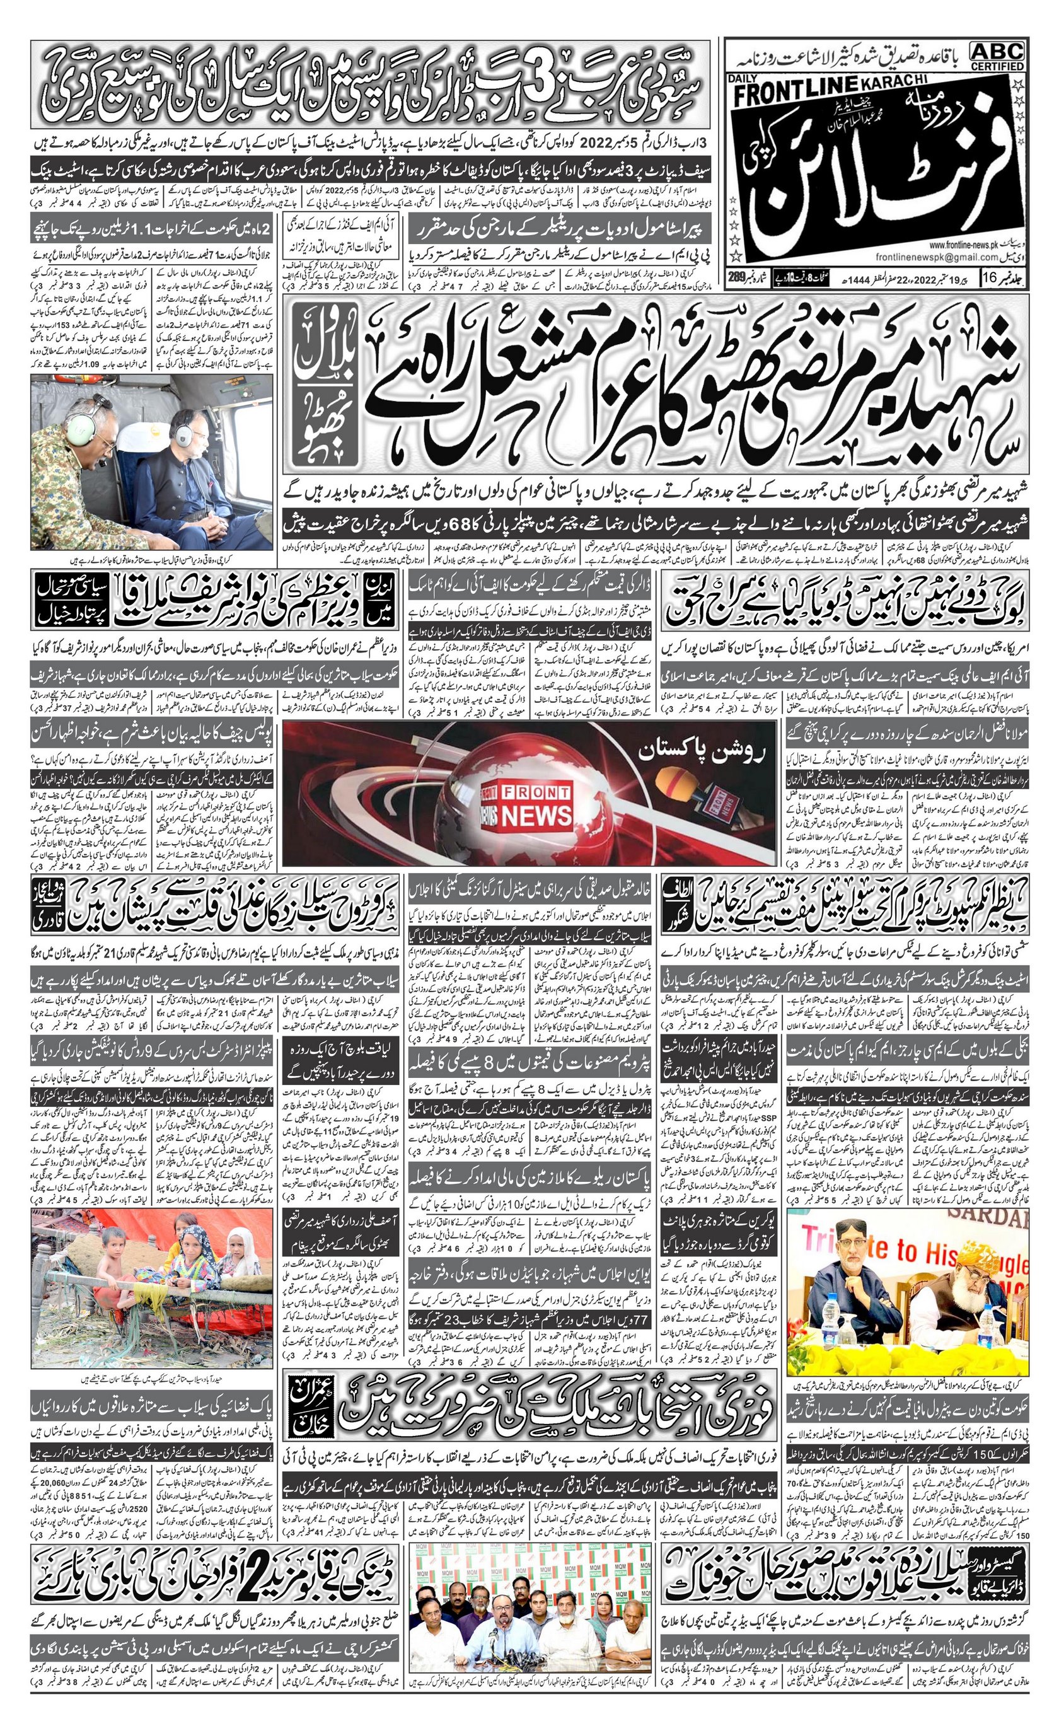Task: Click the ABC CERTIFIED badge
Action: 997,55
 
